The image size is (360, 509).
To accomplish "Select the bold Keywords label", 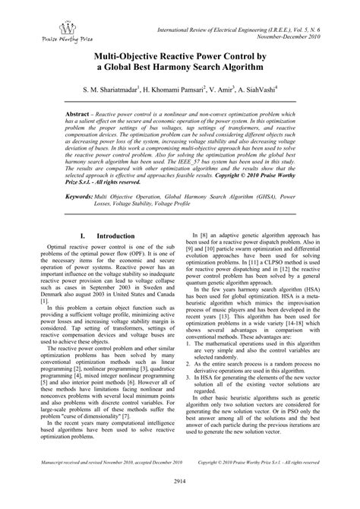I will [82, 196].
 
